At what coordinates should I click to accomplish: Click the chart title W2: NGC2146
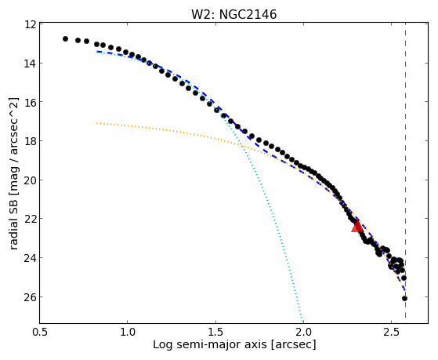[233, 14]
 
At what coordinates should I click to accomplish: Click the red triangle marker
[357, 226]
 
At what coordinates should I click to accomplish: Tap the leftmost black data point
[65, 39]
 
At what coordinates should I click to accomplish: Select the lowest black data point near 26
[404, 299]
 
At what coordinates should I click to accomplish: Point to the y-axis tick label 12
[31, 24]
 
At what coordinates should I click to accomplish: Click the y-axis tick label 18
[31, 140]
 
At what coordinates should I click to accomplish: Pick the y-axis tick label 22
[31, 219]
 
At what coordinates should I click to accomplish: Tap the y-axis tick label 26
[31, 296]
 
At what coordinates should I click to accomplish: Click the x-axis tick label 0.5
[40, 332]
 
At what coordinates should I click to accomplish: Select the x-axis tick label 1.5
[215, 332]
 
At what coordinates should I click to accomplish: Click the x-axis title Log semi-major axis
[210, 345]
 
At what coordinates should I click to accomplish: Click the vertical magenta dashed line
[405, 170]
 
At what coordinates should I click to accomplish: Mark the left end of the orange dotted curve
[97, 123]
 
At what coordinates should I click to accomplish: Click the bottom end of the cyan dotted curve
[302, 321]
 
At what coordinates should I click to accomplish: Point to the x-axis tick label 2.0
[303, 332]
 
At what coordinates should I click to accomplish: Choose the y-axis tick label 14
[31, 64]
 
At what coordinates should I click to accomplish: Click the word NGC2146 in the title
[248, 14]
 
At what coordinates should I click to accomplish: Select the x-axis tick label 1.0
[128, 332]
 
